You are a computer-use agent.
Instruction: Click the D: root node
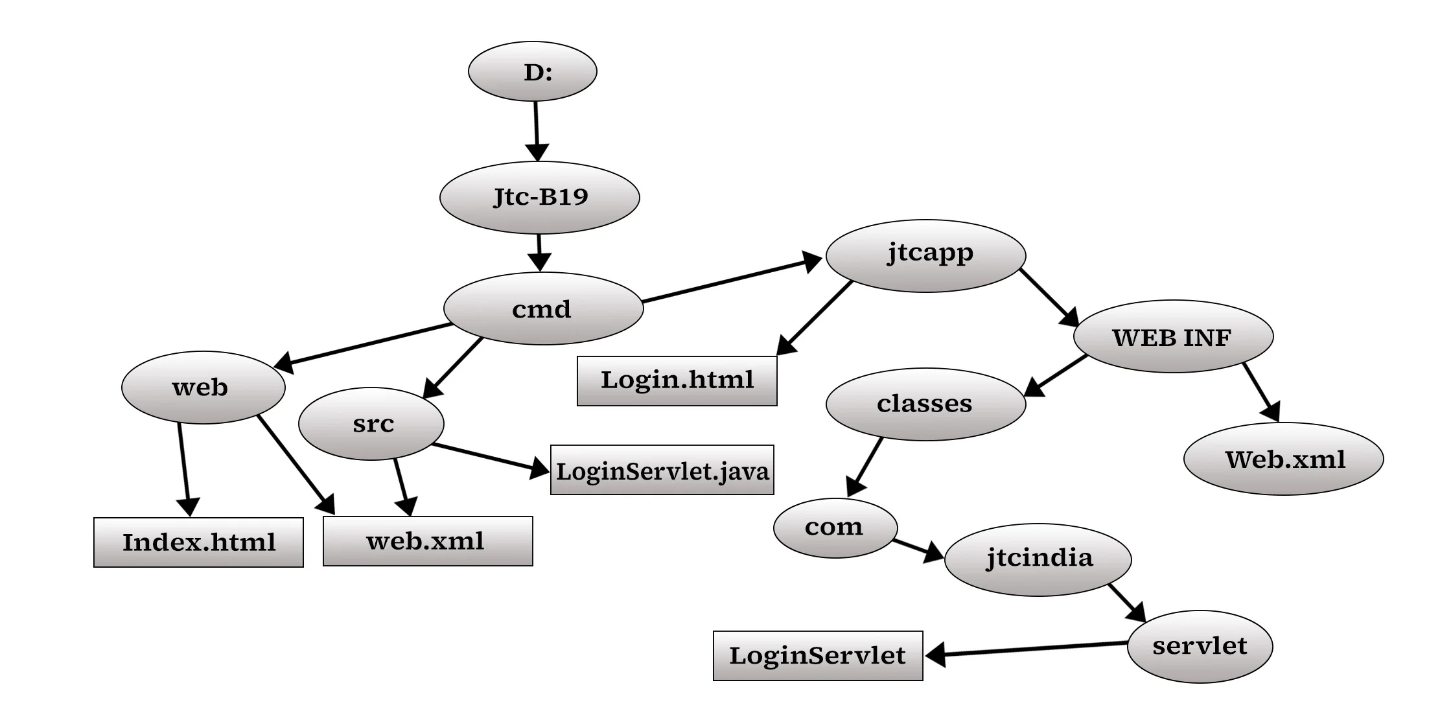click(532, 71)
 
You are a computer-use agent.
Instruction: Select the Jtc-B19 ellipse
click(539, 197)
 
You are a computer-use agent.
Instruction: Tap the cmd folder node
click(543, 308)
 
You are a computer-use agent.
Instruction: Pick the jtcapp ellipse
click(925, 255)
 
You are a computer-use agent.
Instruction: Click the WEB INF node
click(1173, 336)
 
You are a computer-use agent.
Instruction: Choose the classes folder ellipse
click(925, 404)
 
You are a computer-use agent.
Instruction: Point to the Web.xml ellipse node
click(1283, 459)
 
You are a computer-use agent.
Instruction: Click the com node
click(835, 528)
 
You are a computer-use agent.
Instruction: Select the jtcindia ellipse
click(1038, 559)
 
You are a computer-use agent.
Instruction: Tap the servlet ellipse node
click(1200, 646)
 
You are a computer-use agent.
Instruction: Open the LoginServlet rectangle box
click(817, 656)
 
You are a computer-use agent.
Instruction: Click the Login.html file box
click(677, 380)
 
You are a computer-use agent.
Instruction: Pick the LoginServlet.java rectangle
click(662, 470)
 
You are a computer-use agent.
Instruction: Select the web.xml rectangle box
click(428, 541)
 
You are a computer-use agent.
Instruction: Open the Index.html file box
click(198, 542)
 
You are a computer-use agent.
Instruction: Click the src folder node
click(371, 424)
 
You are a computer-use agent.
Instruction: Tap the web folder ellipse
click(203, 388)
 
